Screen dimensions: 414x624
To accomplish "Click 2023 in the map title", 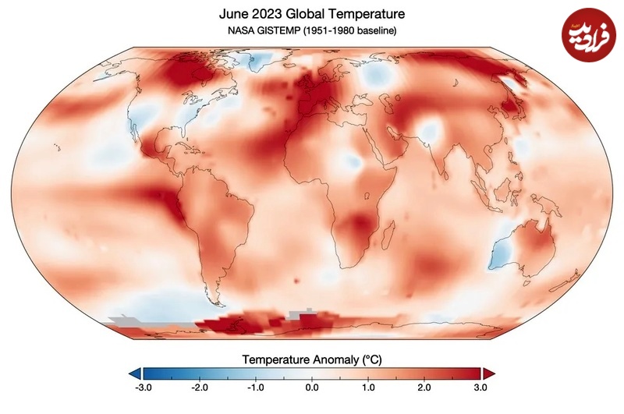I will pos(271,13).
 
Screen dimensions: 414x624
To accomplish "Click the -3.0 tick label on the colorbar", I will pos(143,387).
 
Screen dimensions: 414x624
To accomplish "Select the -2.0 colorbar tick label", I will pos(199,387).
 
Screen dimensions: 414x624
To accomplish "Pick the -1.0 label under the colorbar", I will pos(255,387).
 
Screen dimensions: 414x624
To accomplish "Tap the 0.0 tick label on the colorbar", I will pos(312,387).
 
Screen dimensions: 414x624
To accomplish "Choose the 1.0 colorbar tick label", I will pos(368,387).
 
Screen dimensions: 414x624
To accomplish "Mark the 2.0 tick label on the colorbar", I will pos(424,387).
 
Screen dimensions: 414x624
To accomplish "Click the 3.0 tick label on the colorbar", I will pos(480,387).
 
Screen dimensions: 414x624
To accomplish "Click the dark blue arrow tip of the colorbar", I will pos(135,373).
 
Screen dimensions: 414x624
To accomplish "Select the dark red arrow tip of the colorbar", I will pos(489,373).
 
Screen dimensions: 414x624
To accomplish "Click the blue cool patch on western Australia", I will pos(499,249).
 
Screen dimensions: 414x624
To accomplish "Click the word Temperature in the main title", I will pos(360,13).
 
